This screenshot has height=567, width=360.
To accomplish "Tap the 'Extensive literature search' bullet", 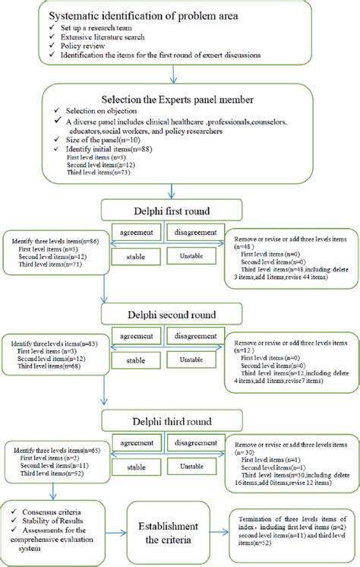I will (93, 36).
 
